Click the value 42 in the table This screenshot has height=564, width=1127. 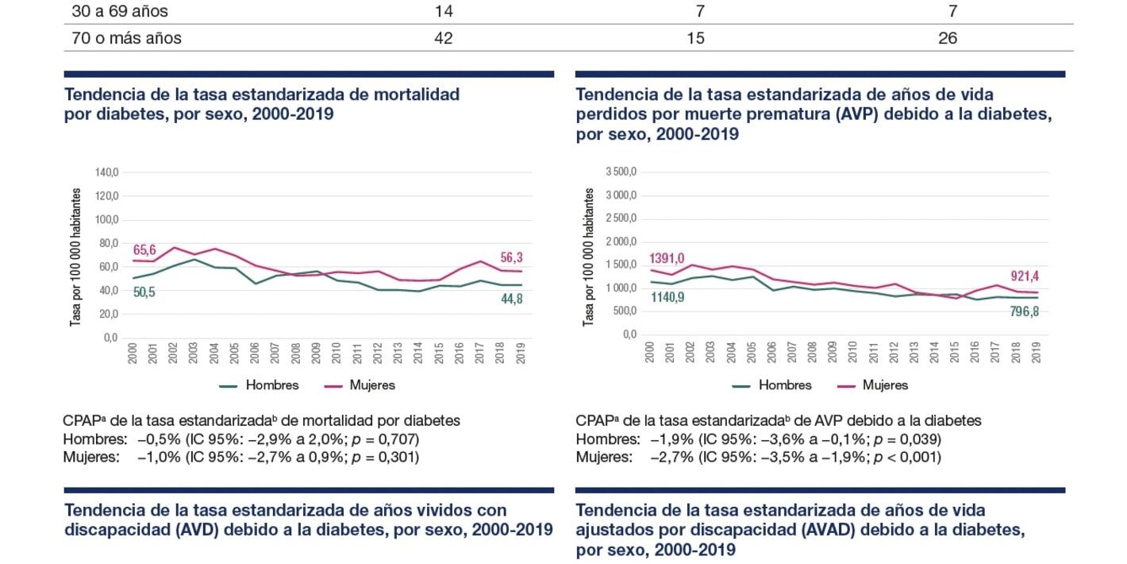click(444, 38)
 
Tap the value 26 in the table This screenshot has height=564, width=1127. click(948, 38)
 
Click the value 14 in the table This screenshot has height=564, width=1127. click(444, 12)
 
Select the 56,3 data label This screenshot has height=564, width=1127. click(510, 257)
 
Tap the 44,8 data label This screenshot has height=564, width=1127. click(510, 299)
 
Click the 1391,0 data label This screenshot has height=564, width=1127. click(666, 257)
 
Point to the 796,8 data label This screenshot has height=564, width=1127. click(1023, 311)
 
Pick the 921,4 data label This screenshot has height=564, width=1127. click(1023, 276)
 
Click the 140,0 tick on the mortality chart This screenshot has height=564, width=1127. click(106, 172)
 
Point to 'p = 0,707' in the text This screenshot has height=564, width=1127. click(383, 439)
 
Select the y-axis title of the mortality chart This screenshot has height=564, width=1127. click(76, 257)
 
